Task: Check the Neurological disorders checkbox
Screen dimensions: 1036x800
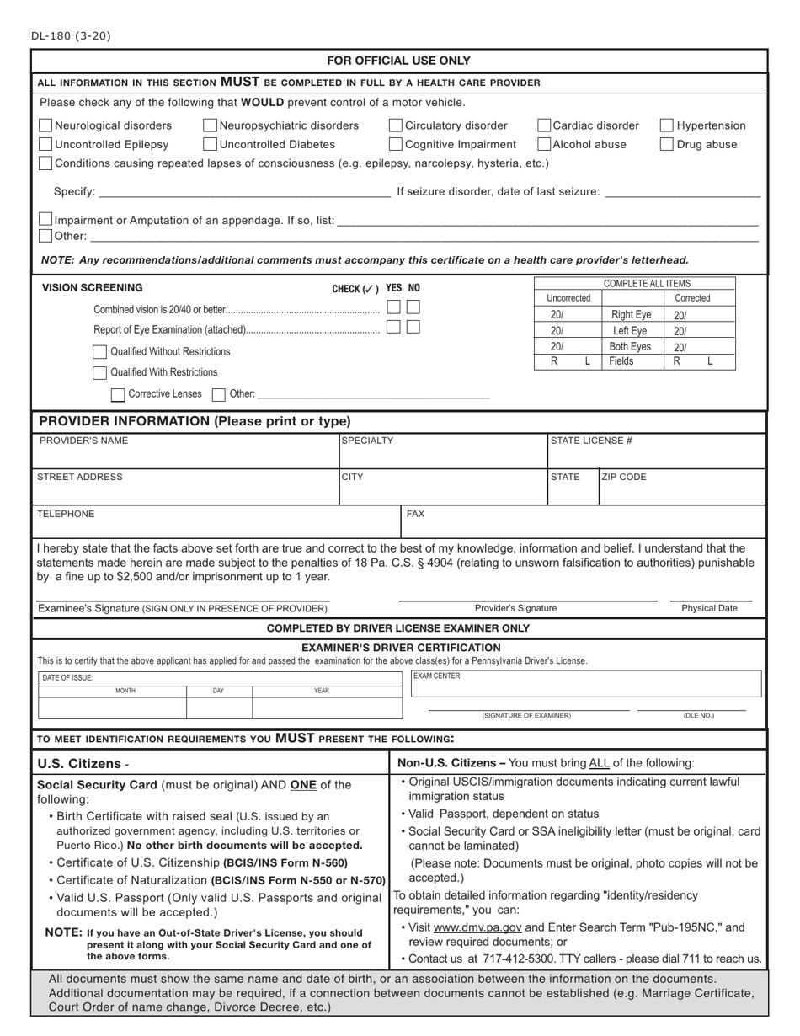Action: (45, 125)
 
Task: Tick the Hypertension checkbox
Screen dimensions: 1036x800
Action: (666, 125)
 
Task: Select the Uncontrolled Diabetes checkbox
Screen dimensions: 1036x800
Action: (211, 144)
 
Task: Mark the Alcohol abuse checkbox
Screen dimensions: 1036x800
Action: (544, 144)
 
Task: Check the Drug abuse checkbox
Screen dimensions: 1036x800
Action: (666, 144)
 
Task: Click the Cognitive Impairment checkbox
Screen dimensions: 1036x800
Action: (396, 144)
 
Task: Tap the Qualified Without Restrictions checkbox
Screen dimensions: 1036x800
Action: (99, 351)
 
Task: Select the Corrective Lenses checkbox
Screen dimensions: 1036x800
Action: (118, 393)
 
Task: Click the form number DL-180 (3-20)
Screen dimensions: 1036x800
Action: (71, 35)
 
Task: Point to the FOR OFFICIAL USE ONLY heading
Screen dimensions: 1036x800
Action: (399, 61)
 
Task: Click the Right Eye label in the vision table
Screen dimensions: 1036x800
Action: (631, 315)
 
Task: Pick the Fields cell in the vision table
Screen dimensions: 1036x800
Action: (621, 360)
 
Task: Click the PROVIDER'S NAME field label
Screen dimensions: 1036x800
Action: (83, 441)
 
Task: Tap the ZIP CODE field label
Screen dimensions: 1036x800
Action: (624, 477)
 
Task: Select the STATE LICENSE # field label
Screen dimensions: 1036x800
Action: (591, 441)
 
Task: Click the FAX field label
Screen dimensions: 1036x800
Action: (415, 513)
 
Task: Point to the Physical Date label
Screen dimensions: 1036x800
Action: (709, 608)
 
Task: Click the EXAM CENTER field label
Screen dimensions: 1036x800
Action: (437, 676)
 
